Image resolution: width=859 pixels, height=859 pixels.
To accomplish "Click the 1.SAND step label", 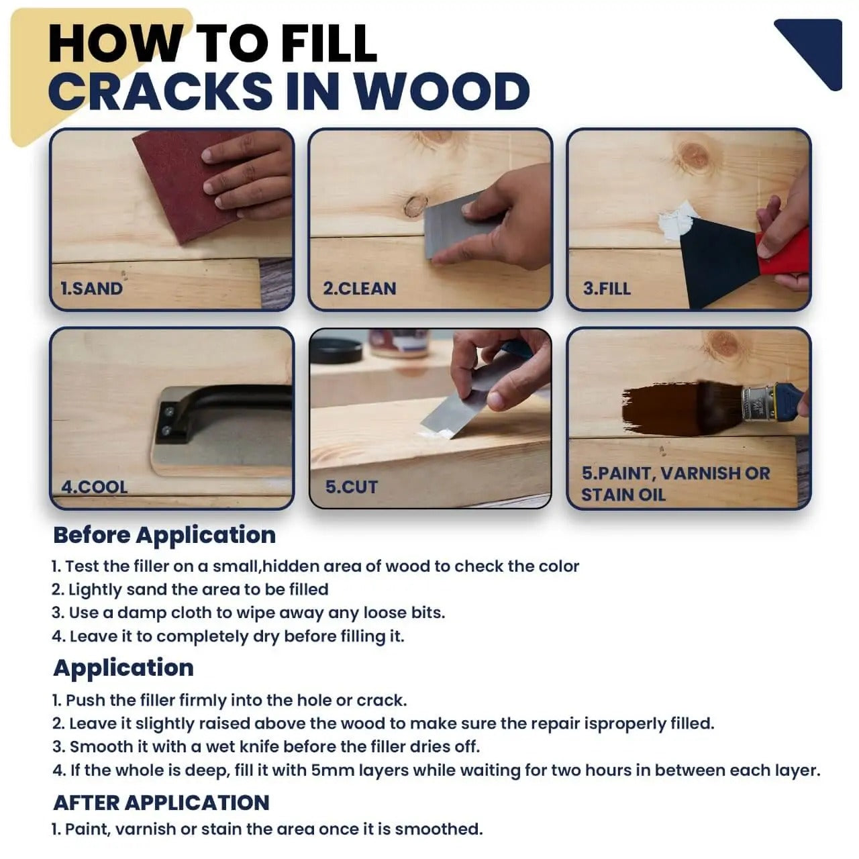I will (91, 289).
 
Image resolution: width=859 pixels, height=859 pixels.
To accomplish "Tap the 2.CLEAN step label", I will (360, 289).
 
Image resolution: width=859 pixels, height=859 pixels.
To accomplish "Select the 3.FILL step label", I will (607, 289).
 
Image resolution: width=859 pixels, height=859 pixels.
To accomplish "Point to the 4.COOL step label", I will (94, 487).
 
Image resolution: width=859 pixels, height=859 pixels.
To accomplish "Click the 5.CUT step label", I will (352, 487).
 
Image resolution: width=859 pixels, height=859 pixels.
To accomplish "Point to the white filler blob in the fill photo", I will (674, 221).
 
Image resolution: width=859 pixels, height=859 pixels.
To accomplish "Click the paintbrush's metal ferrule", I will (757, 402).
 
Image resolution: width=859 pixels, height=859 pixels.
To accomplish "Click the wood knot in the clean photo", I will (416, 205).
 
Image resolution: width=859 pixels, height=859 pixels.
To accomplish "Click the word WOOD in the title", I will (442, 91).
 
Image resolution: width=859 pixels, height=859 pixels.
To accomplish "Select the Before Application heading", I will (164, 535).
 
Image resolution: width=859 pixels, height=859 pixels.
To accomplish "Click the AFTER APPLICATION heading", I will (161, 802).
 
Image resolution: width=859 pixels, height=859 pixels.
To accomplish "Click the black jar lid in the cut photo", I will (336, 349).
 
